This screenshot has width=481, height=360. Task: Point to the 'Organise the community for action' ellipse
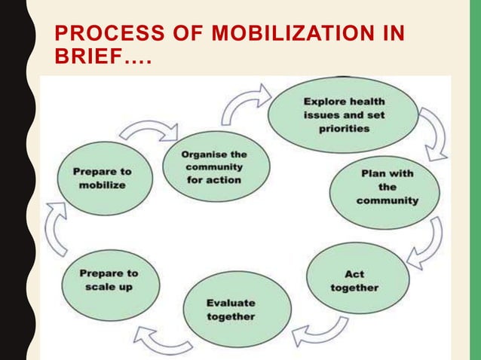[x=213, y=167]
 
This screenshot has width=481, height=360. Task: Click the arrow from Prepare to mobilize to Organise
[x=148, y=133]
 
